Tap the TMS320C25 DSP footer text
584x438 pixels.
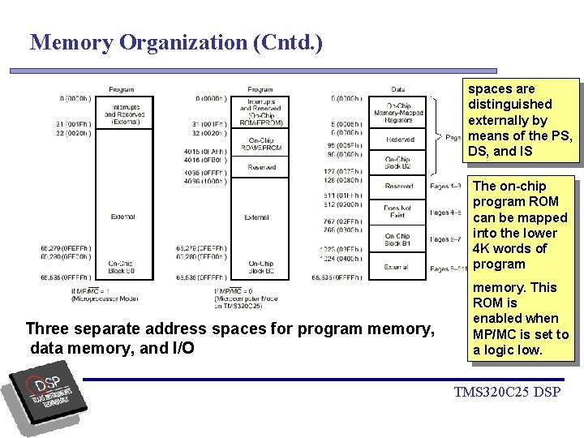click(506, 393)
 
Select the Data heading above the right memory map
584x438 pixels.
click(397, 89)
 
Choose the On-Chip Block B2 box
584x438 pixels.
click(397, 163)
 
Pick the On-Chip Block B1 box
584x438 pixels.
click(397, 239)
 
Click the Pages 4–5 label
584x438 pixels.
click(445, 213)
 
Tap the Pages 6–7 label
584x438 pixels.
click(445, 239)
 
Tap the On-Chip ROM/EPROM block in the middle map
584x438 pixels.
click(261, 144)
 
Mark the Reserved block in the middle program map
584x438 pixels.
click(261, 167)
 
